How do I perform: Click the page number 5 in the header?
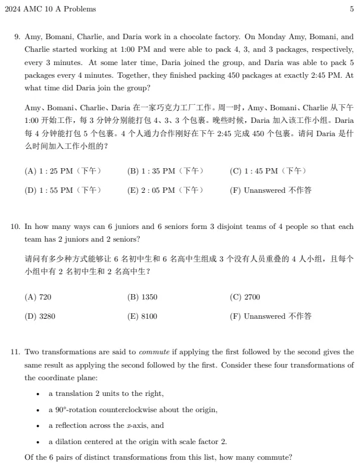pos(351,9)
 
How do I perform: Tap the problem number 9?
pos(17,37)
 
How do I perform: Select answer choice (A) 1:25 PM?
pos(63,171)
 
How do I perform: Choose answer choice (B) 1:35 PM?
pos(165,171)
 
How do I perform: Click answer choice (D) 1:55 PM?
pos(63,190)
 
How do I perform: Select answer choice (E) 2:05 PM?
pos(165,190)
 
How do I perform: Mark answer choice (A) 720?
pos(38,297)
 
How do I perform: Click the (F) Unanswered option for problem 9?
pos(271,190)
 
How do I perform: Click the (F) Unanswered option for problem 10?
pos(271,316)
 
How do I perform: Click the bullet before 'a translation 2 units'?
pos(39,394)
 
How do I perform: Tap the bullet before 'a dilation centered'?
pos(39,441)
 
